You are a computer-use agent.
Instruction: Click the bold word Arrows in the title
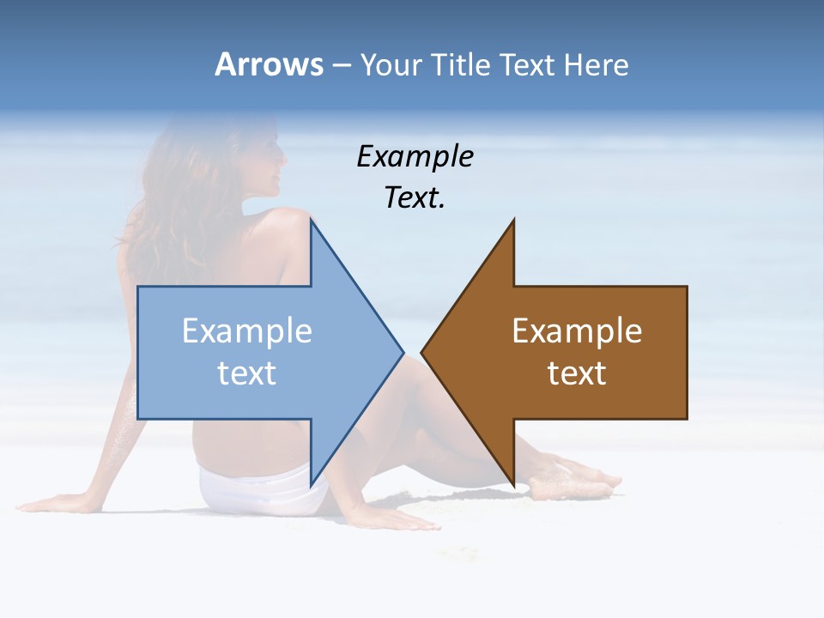click(270, 64)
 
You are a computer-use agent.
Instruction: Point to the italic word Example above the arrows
click(415, 157)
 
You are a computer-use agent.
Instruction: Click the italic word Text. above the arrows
click(415, 198)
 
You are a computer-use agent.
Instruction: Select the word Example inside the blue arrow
click(246, 331)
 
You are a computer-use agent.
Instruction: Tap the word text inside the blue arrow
click(246, 373)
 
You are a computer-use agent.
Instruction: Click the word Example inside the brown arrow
click(577, 331)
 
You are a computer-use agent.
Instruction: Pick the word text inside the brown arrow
click(577, 373)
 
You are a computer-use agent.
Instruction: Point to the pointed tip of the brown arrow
click(422, 352)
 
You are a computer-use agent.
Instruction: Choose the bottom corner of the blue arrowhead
click(311, 485)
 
